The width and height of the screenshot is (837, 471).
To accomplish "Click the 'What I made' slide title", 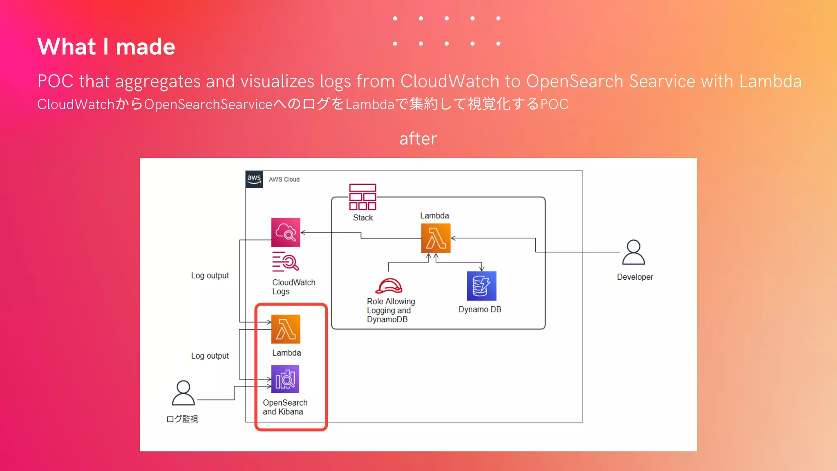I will point(106,46).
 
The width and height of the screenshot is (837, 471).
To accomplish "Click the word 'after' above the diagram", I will point(418,139).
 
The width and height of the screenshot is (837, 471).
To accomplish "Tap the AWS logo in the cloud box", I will point(254,179).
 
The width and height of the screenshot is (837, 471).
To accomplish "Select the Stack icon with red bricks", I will point(363,197).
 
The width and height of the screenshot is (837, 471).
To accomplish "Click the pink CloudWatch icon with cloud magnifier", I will point(286,232).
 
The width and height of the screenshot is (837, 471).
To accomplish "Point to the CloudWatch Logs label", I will point(293,287).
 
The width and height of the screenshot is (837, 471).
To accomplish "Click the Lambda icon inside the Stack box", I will point(436,238).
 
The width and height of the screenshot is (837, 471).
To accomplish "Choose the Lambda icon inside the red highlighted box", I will point(286,329).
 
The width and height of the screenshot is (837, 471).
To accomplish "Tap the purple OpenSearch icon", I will point(285,379).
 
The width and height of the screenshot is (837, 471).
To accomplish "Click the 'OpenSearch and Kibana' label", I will point(285,407).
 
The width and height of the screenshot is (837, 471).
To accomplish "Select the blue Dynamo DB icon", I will point(481,286).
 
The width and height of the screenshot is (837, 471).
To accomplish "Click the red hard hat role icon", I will point(389,286).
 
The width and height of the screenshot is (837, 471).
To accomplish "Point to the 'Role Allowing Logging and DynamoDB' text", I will point(390,310).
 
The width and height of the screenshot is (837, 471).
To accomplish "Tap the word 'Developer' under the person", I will point(635,277).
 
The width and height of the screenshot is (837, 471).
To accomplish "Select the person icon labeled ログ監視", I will point(183,393).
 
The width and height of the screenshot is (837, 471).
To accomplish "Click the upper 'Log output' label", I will point(210,276).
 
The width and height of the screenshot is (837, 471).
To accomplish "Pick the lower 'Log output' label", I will point(210,356).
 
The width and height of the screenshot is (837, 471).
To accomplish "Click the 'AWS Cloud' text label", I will point(284,179).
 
